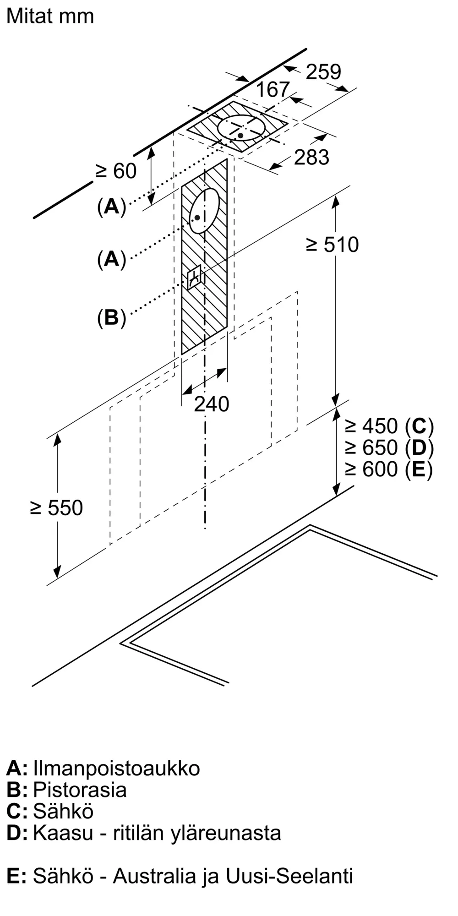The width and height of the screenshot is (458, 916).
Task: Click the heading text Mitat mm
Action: (x=50, y=16)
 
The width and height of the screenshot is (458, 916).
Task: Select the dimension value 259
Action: (x=323, y=72)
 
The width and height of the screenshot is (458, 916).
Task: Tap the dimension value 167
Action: (x=273, y=89)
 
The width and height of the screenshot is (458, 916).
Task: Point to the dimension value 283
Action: (x=311, y=157)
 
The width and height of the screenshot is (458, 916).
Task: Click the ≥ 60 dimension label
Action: (x=116, y=171)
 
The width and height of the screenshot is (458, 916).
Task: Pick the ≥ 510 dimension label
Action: (x=332, y=245)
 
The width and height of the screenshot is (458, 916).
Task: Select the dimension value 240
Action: (x=211, y=404)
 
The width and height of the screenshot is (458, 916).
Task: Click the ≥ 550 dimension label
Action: (x=56, y=507)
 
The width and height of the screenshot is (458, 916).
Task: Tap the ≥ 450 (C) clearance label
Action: (x=389, y=426)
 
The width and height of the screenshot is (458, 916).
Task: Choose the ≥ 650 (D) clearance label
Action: (x=389, y=447)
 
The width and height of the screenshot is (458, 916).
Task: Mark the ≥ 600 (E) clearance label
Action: (x=389, y=469)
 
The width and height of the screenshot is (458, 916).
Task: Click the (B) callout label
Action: (x=111, y=317)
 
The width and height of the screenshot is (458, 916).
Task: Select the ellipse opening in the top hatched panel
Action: (x=241, y=127)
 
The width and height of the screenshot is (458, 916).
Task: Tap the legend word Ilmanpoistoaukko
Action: (x=116, y=769)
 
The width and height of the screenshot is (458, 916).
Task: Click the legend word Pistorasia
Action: (x=80, y=790)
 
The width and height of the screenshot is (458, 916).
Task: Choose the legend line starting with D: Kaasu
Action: (x=144, y=833)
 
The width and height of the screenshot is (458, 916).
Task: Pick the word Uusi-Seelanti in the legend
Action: (x=289, y=876)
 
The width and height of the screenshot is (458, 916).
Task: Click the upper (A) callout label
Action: (x=111, y=207)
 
